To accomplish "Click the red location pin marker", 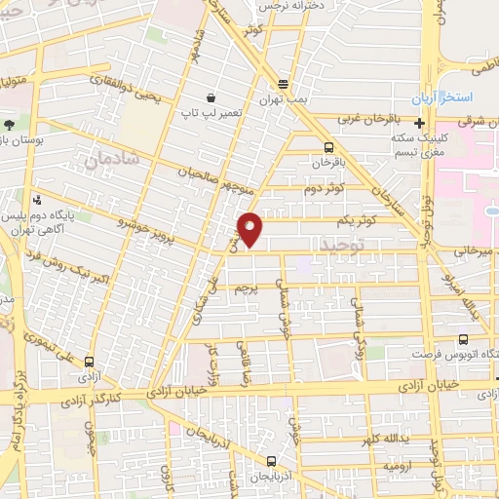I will [250, 227].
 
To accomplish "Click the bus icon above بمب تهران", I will [283, 84].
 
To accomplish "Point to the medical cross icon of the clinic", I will [418, 123].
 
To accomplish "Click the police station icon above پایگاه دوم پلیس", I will [38, 196].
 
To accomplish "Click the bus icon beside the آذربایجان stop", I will [272, 462].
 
